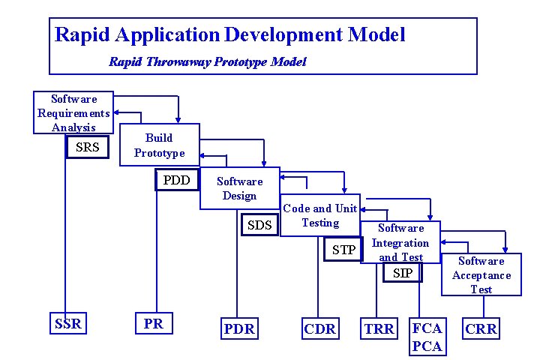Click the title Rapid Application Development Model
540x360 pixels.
[230, 34]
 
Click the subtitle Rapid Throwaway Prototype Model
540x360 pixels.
[207, 61]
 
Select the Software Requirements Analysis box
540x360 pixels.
[73, 112]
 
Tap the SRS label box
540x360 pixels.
[88, 148]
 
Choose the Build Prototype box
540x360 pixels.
[159, 145]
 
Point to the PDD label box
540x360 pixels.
[177, 180]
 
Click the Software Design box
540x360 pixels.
[239, 188]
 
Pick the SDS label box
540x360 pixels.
[259, 225]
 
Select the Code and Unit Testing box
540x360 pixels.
[320, 215]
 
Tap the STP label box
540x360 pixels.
[343, 250]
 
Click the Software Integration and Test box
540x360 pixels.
[400, 241]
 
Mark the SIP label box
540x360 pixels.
[403, 273]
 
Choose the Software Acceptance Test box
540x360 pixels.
[481, 274]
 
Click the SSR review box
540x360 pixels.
[68, 325]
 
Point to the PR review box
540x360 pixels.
[153, 325]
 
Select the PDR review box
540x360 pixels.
[239, 328]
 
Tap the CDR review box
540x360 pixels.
[320, 328]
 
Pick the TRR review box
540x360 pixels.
[379, 328]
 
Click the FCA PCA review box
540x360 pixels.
[427, 337]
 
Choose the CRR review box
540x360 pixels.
[481, 328]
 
